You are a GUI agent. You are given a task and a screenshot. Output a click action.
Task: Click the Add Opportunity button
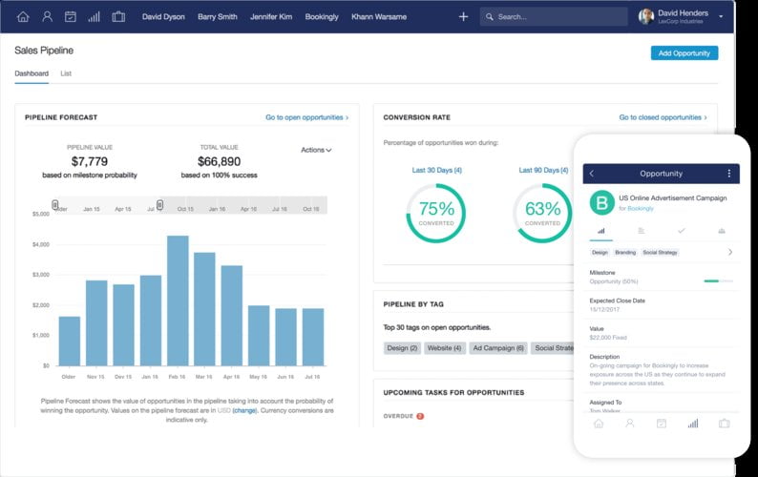pyautogui.click(x=684, y=53)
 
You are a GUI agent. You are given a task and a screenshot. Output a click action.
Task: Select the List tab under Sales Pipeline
pyautogui.click(x=66, y=73)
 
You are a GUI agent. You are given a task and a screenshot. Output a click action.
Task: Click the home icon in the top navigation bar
pyautogui.click(x=23, y=16)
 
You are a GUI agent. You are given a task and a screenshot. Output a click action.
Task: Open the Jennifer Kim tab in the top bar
pyautogui.click(x=272, y=16)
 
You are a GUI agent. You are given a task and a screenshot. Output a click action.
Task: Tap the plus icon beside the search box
pyautogui.click(x=463, y=16)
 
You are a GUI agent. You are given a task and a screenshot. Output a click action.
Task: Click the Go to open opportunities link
pyautogui.click(x=306, y=117)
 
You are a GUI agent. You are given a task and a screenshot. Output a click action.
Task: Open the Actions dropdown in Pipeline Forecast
pyautogui.click(x=316, y=150)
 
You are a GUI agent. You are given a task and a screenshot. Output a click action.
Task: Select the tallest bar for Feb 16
pyautogui.click(x=178, y=301)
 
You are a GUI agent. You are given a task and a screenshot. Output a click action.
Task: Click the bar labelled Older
pyautogui.click(x=69, y=341)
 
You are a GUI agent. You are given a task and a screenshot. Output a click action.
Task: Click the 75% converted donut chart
pyautogui.click(x=436, y=212)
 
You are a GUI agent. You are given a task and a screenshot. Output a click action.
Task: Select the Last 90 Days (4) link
pyautogui.click(x=543, y=170)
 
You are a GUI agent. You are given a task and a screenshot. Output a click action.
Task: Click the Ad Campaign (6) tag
pyautogui.click(x=498, y=348)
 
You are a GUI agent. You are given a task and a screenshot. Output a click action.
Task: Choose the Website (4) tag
pyautogui.click(x=445, y=348)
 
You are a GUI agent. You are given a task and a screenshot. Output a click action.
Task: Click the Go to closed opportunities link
pyautogui.click(x=663, y=117)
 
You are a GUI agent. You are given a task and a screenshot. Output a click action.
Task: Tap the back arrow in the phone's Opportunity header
pyautogui.click(x=592, y=174)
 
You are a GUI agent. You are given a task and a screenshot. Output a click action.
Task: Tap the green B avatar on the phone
pyautogui.click(x=601, y=202)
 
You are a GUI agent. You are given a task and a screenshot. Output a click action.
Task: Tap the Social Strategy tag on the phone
pyautogui.click(x=660, y=253)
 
